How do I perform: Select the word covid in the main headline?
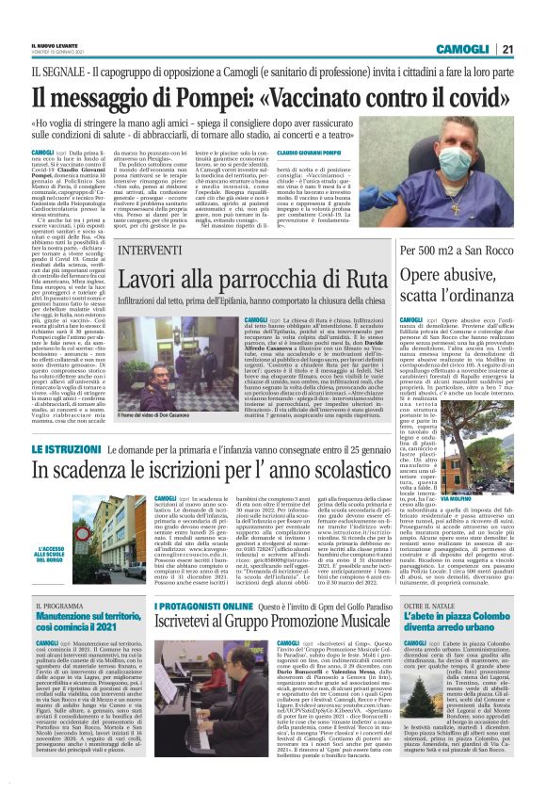pyautogui.click(x=470, y=97)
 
